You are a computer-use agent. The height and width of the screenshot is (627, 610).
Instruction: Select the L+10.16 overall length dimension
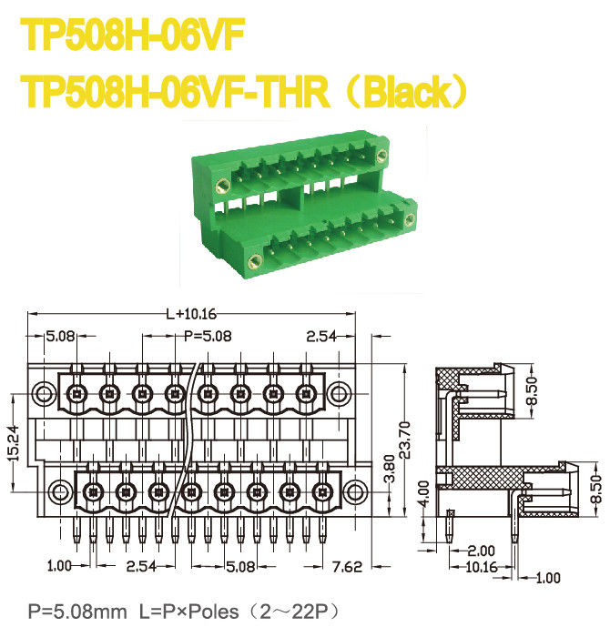[x=191, y=314]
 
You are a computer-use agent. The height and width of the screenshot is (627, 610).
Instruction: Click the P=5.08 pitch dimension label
[x=208, y=336]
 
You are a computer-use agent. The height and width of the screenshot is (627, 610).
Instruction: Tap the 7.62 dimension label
[x=347, y=566]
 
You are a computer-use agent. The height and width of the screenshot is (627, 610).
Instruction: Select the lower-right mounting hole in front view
[x=356, y=490]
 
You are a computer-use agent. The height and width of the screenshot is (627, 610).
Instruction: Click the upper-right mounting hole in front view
[x=339, y=394]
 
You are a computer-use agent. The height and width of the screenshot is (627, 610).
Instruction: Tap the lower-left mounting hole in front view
[x=59, y=490]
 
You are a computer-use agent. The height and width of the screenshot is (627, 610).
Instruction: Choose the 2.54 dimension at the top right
[x=323, y=336]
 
